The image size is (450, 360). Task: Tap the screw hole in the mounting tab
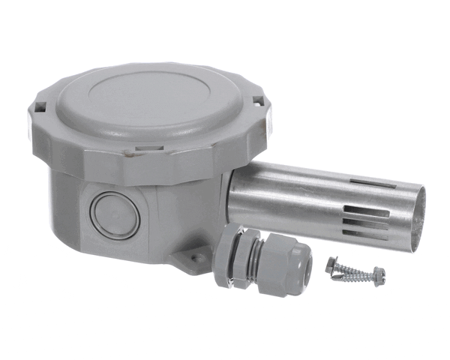pos(195,257)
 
